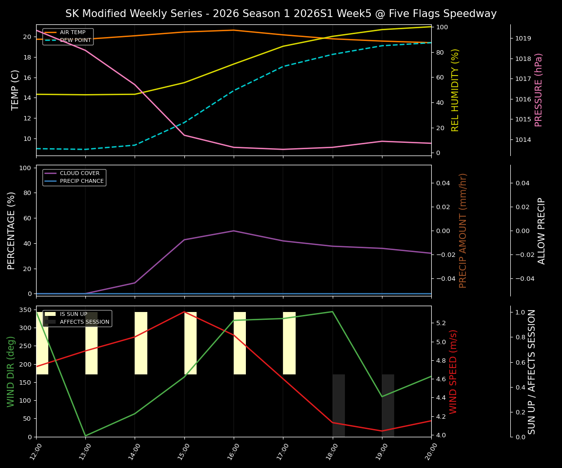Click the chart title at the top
(281, 14)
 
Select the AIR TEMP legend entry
(72, 33)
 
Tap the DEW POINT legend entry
(75, 40)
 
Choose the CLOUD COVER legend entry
(80, 173)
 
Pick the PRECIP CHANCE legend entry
(81, 181)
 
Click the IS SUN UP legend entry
(73, 314)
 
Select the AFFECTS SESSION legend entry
(84, 322)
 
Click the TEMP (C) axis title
(16, 90)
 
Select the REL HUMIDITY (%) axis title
(456, 90)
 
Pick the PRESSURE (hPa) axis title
(539, 90)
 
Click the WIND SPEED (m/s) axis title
(454, 371)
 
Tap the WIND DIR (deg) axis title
(11, 371)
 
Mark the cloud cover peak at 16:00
(234, 231)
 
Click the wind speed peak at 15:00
(184, 312)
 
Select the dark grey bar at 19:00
(388, 405)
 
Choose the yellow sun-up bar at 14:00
(141, 343)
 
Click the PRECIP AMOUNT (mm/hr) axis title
(463, 230)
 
